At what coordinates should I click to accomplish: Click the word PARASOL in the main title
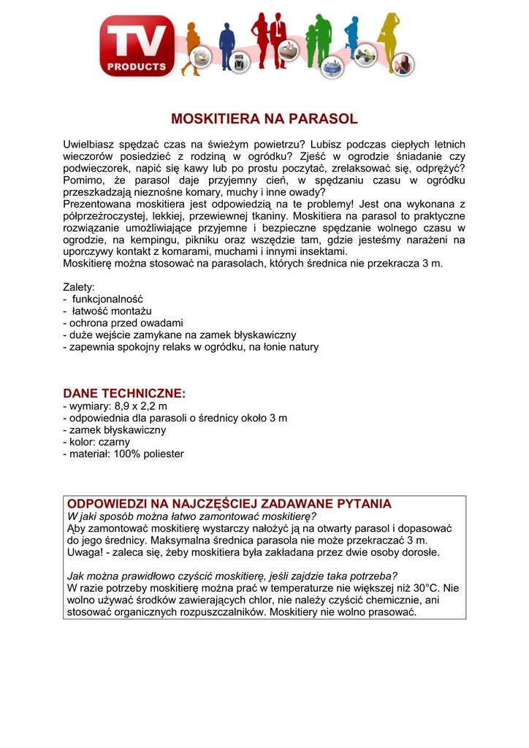(x=321, y=118)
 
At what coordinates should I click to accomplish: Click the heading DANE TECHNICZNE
(x=124, y=393)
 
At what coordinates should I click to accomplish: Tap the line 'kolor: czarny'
(x=99, y=442)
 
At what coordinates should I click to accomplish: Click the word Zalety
(x=79, y=287)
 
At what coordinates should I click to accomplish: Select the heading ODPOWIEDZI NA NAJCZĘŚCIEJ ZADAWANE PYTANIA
(x=229, y=504)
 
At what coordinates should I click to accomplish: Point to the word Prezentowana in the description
(x=96, y=204)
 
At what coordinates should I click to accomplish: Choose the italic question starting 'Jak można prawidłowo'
(x=232, y=575)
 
